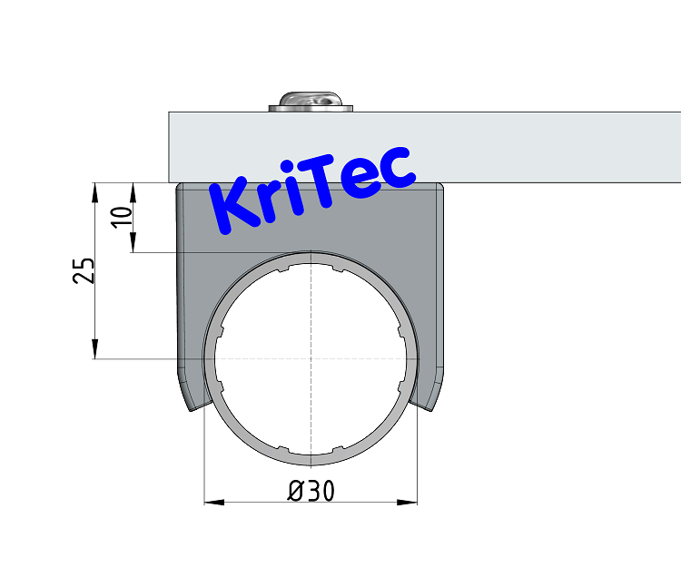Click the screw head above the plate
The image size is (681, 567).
coord(311,102)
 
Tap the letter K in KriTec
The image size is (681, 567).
coord(233,206)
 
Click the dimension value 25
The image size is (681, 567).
coord(84,269)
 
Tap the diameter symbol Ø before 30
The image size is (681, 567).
coord(296,491)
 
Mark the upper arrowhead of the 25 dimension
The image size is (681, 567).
coord(95,189)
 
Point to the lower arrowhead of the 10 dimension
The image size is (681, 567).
coord(133,246)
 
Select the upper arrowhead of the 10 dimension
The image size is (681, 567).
coord(133,189)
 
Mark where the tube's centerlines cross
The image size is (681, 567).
coord(311,357)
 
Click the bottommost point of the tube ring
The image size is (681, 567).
coord(311,464)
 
